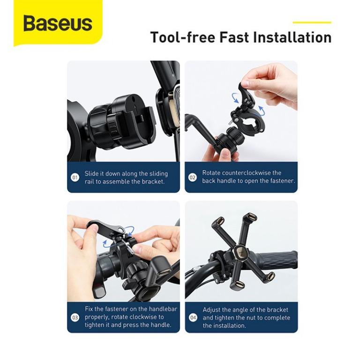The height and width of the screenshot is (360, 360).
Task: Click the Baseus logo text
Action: tap(58, 23)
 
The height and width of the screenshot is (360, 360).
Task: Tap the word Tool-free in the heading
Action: tap(183, 37)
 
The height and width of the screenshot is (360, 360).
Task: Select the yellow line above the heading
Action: tap(312, 22)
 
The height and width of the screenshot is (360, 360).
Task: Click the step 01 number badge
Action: tap(75, 178)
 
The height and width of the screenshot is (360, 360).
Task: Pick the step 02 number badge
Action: tap(193, 177)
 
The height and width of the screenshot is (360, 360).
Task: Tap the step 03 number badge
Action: tap(75, 317)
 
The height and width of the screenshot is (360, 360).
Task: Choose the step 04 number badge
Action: tap(193, 318)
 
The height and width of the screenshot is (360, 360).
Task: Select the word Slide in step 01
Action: tap(91, 173)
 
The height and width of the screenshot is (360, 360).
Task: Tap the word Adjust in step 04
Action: tap(211, 310)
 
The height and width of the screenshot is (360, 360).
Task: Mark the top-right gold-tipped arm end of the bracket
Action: tap(251, 216)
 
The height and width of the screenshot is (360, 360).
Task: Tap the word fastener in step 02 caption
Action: tap(282, 181)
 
